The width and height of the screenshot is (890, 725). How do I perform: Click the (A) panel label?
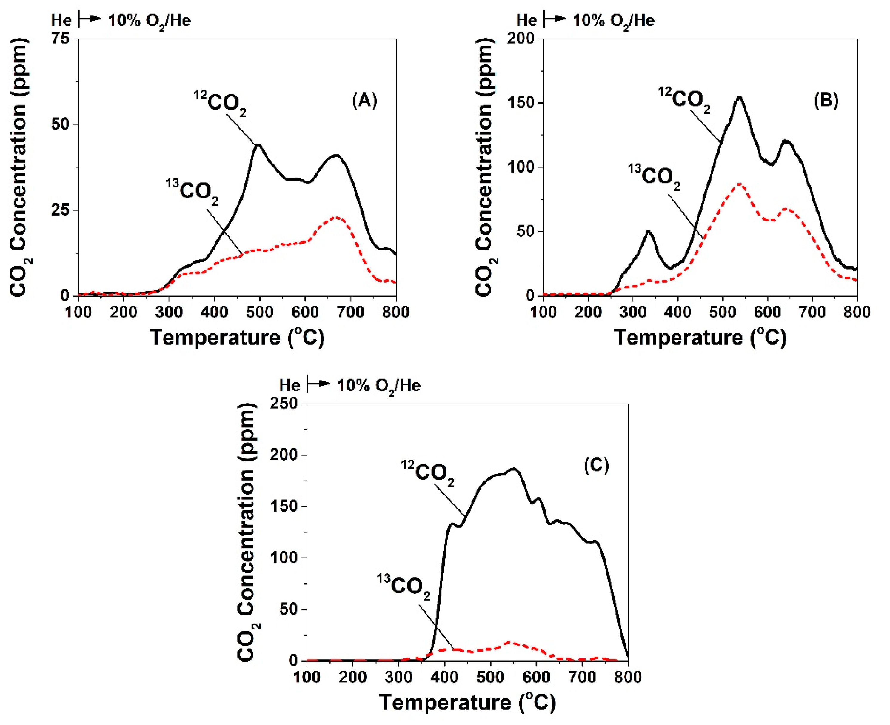365,101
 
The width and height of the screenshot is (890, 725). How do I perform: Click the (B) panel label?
826,101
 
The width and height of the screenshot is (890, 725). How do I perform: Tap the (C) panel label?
596,465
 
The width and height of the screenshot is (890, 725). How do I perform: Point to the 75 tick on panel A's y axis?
60,39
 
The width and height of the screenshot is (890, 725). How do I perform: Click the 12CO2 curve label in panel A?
220,102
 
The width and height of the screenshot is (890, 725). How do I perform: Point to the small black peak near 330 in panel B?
648,230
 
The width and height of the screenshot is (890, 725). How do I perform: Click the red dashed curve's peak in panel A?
336,218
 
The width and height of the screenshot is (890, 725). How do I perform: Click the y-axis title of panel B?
486,167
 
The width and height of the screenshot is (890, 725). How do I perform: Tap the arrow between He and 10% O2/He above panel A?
90,19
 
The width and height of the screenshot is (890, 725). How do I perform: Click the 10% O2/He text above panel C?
378,385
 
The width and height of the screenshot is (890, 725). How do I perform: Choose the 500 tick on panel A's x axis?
259,312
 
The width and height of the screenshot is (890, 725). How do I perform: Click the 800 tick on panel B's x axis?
856,312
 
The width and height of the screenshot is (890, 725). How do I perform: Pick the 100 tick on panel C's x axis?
307,677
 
